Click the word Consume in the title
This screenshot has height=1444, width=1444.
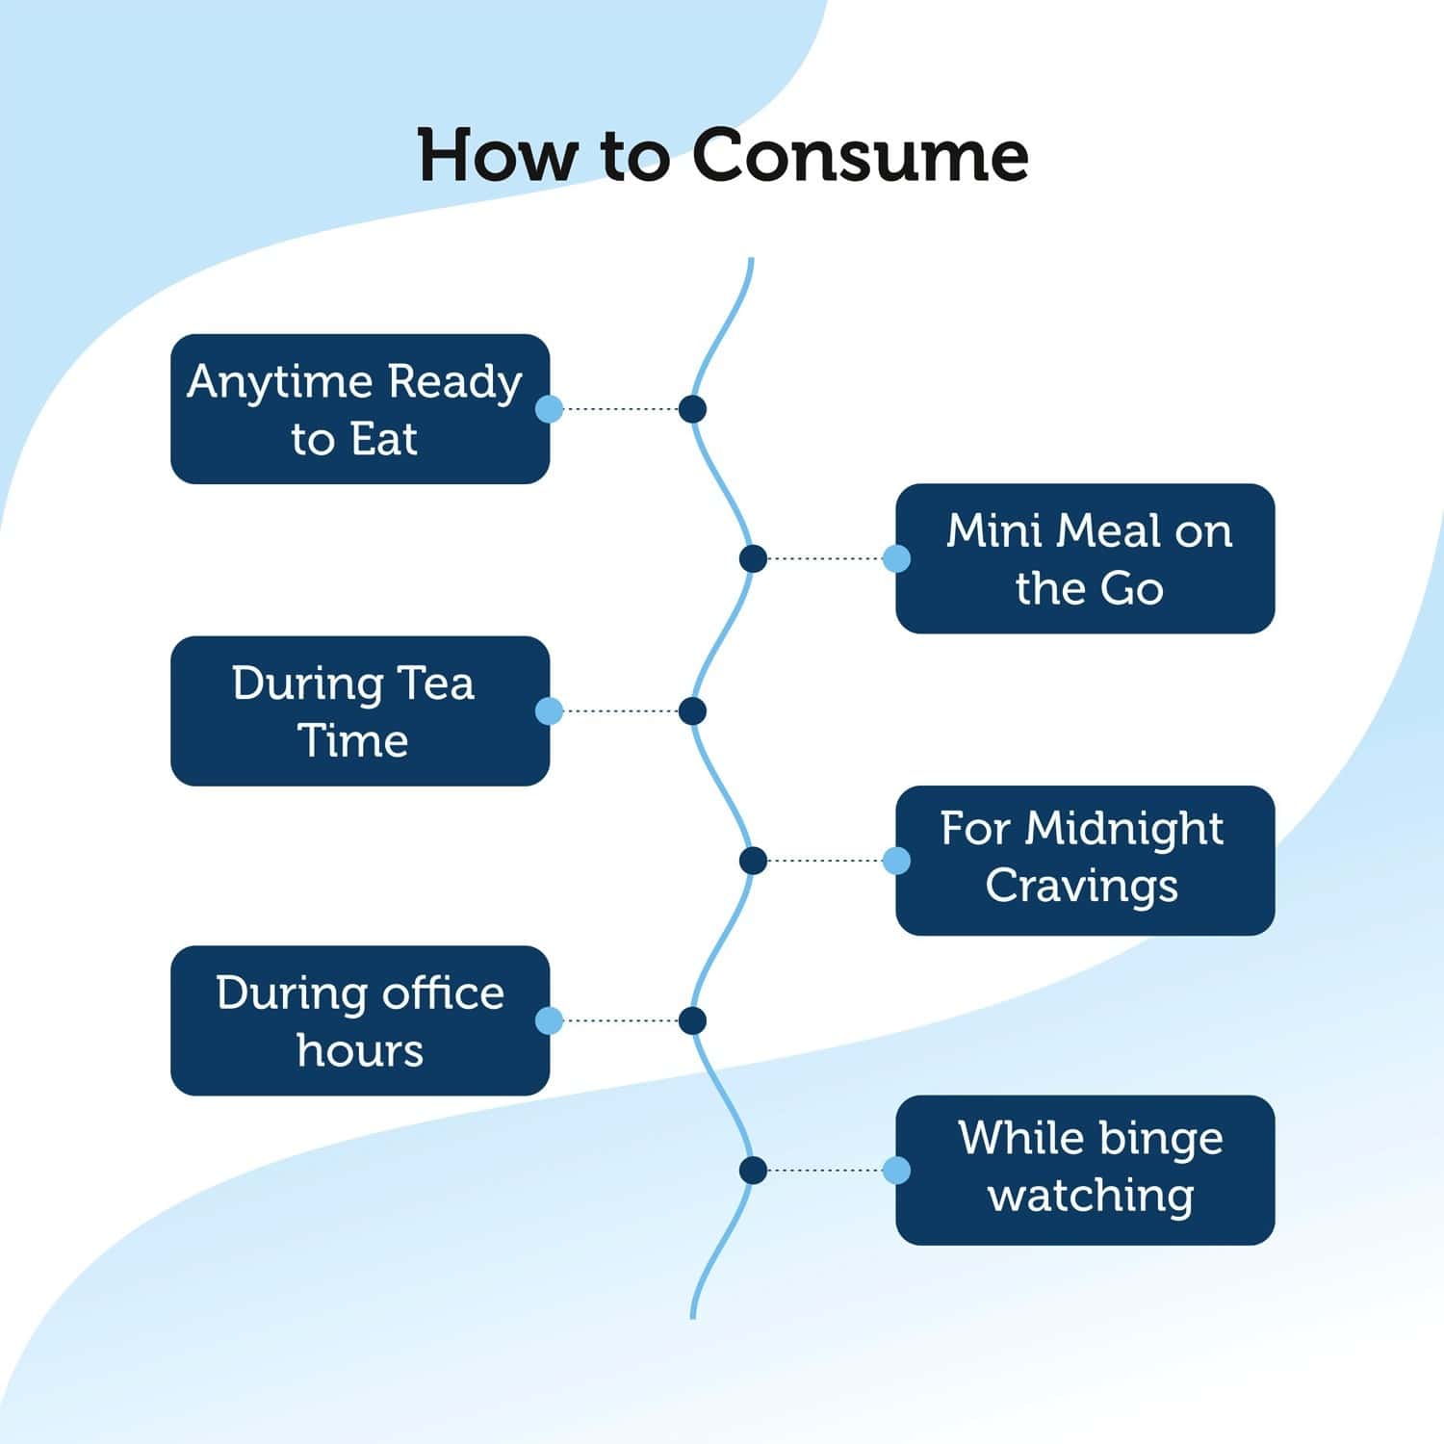(x=861, y=155)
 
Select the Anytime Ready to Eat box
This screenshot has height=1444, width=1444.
(x=360, y=409)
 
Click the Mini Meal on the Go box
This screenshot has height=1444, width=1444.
(x=1085, y=558)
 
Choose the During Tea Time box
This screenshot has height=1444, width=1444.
(x=360, y=710)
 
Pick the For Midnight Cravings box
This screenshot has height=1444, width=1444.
(x=1085, y=861)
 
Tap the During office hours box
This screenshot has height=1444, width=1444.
(x=360, y=1020)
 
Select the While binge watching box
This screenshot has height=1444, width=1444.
(x=1085, y=1171)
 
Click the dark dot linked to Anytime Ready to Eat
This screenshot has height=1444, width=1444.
(x=692, y=409)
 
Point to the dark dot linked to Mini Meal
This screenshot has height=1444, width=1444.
(x=753, y=558)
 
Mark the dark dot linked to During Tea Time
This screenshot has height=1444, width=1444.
(x=692, y=711)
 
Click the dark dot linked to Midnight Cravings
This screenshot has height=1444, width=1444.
(x=753, y=861)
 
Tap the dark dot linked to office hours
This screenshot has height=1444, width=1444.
(x=692, y=1020)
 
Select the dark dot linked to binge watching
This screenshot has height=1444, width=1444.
(x=753, y=1171)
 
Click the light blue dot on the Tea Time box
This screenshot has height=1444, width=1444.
(x=549, y=711)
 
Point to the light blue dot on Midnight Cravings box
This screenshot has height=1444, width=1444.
(x=896, y=861)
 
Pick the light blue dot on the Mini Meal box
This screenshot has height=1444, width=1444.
(x=896, y=558)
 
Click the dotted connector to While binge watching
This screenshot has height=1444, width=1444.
(x=825, y=1171)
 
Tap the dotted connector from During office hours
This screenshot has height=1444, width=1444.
(x=621, y=1020)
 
